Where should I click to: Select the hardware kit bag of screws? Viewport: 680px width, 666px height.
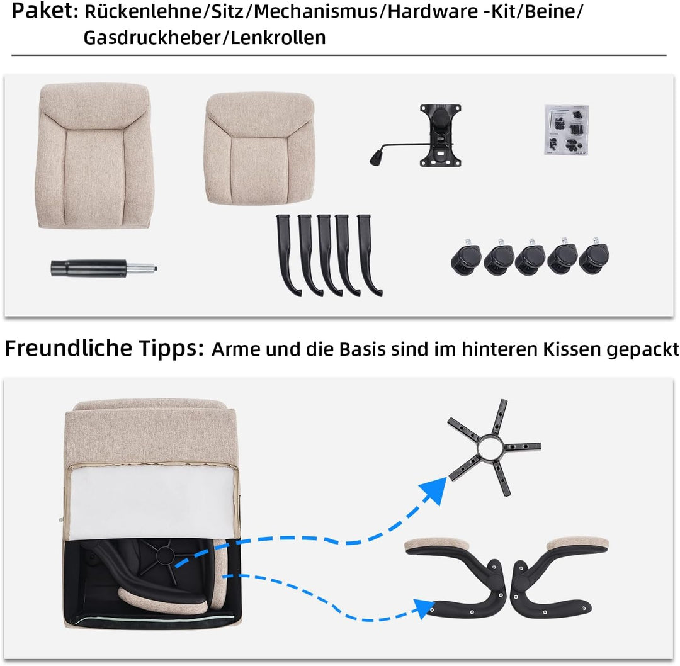coord(566,129)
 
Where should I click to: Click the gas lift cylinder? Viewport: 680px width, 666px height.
coord(101,268)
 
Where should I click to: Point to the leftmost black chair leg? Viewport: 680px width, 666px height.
coord(286,255)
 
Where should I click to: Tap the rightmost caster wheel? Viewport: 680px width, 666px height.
coord(594,259)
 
